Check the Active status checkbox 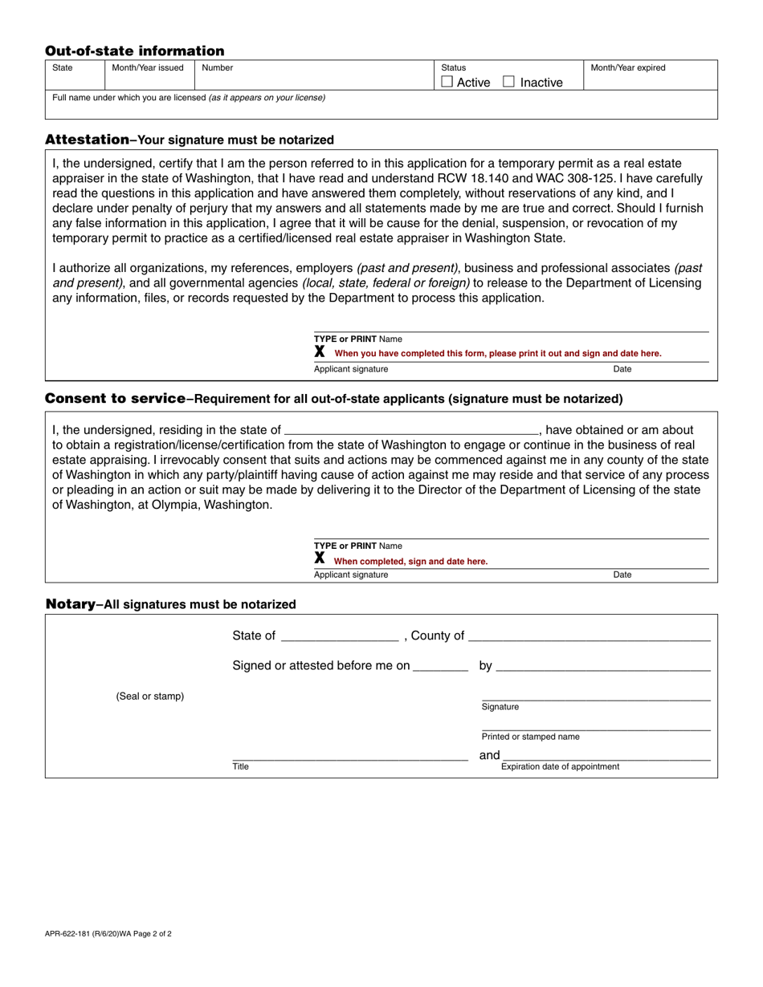pos(447,82)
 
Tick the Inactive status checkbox pos(508,82)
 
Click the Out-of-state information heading pos(135,51)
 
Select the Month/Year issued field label pos(148,68)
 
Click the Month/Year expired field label pos(628,68)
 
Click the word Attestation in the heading pos(87,139)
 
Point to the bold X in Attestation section pos(320,351)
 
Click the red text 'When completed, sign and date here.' pos(410,562)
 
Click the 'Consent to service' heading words pos(116,399)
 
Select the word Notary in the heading pos(70,604)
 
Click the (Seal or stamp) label pos(150,697)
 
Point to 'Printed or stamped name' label pos(530,737)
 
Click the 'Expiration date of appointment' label pos(560,767)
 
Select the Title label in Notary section pos(241,767)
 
